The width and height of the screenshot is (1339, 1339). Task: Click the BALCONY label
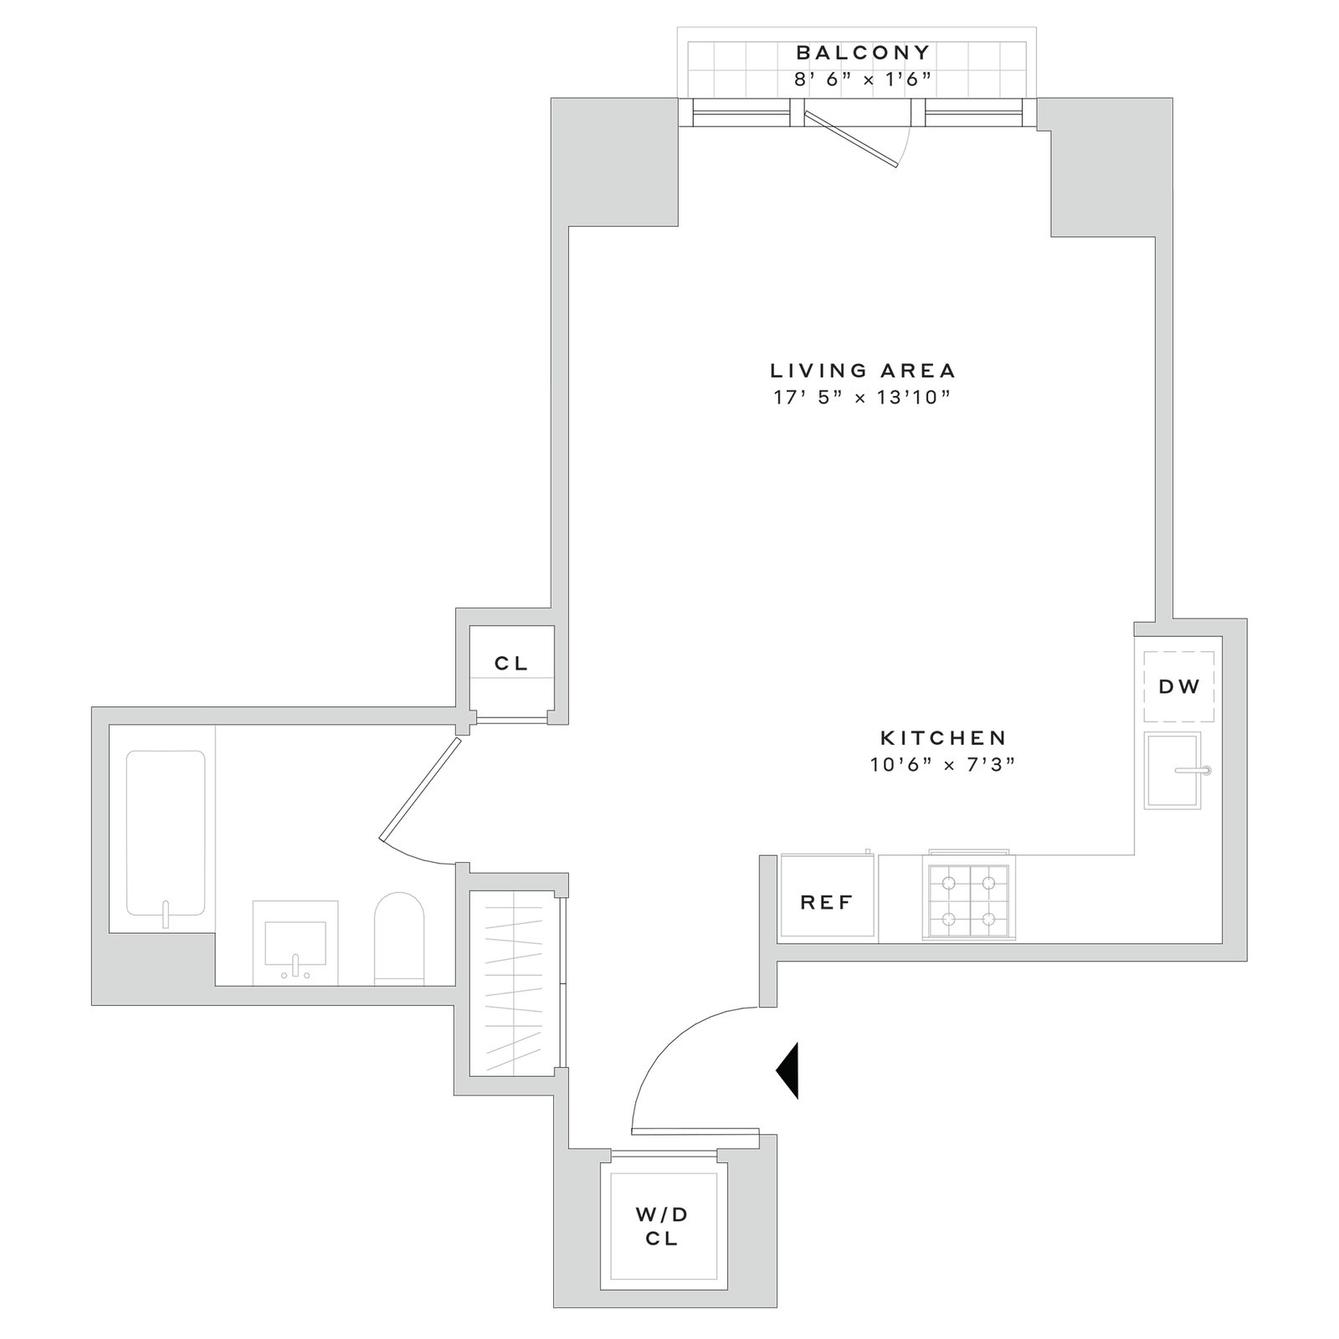863,53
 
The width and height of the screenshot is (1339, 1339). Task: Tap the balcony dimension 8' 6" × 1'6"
863,80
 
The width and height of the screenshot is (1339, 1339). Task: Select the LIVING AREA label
863,370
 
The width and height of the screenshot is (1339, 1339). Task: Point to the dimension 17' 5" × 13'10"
863,398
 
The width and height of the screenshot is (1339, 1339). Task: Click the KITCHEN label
943,737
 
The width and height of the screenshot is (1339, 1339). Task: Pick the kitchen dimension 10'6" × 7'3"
943,764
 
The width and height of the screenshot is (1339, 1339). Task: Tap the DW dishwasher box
1179,687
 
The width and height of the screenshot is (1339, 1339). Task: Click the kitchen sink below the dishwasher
1172,770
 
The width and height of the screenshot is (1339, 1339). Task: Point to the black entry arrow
790,1070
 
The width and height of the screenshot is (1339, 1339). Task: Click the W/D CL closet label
661,1226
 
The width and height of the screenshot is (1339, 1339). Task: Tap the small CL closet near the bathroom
511,664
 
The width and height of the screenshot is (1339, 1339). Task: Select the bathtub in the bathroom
165,833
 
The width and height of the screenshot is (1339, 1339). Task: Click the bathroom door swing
418,791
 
